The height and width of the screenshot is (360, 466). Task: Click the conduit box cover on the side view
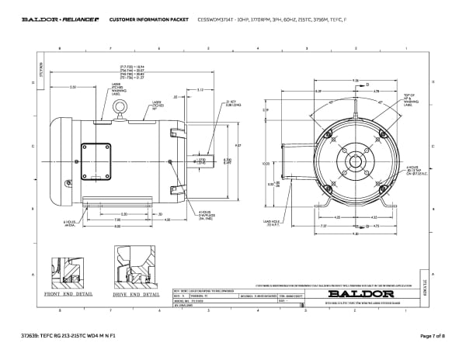99,155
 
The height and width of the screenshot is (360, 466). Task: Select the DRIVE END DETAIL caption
136,295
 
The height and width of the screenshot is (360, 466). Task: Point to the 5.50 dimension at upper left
72,88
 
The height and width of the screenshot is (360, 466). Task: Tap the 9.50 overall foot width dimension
354,234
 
